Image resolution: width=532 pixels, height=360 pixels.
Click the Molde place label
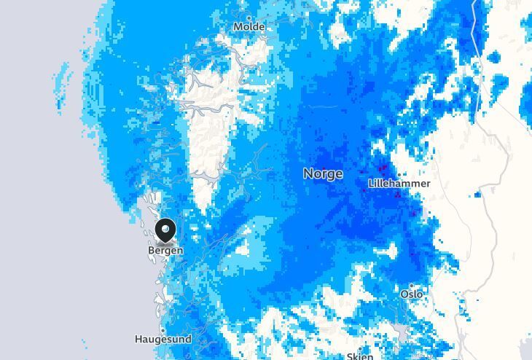pyautogui.click(x=249, y=27)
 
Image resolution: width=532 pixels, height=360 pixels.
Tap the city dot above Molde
pyautogui.click(x=249, y=17)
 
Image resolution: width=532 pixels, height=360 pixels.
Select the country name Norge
pyautogui.click(x=323, y=174)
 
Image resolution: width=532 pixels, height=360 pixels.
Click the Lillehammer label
pyautogui.click(x=399, y=184)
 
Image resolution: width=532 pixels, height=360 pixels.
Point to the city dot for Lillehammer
pyautogui.click(x=399, y=174)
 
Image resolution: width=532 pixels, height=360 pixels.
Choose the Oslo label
pyautogui.click(x=412, y=294)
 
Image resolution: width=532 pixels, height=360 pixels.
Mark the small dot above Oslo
pyautogui.click(x=412, y=286)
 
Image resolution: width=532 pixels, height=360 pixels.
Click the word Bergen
pyautogui.click(x=165, y=251)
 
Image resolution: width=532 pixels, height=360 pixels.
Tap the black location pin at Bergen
pyautogui.click(x=166, y=232)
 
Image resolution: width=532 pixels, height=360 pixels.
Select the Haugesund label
pyautogui.click(x=163, y=340)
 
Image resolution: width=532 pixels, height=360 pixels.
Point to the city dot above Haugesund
pyautogui.click(x=163, y=330)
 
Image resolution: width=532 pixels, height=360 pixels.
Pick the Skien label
pyautogui.click(x=360, y=356)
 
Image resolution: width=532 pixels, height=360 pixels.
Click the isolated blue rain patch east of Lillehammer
pyautogui.click(x=477, y=195)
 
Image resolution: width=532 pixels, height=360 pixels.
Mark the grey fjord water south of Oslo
pyautogui.click(x=402, y=334)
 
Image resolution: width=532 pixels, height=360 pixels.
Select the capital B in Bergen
pyautogui.click(x=152, y=251)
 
